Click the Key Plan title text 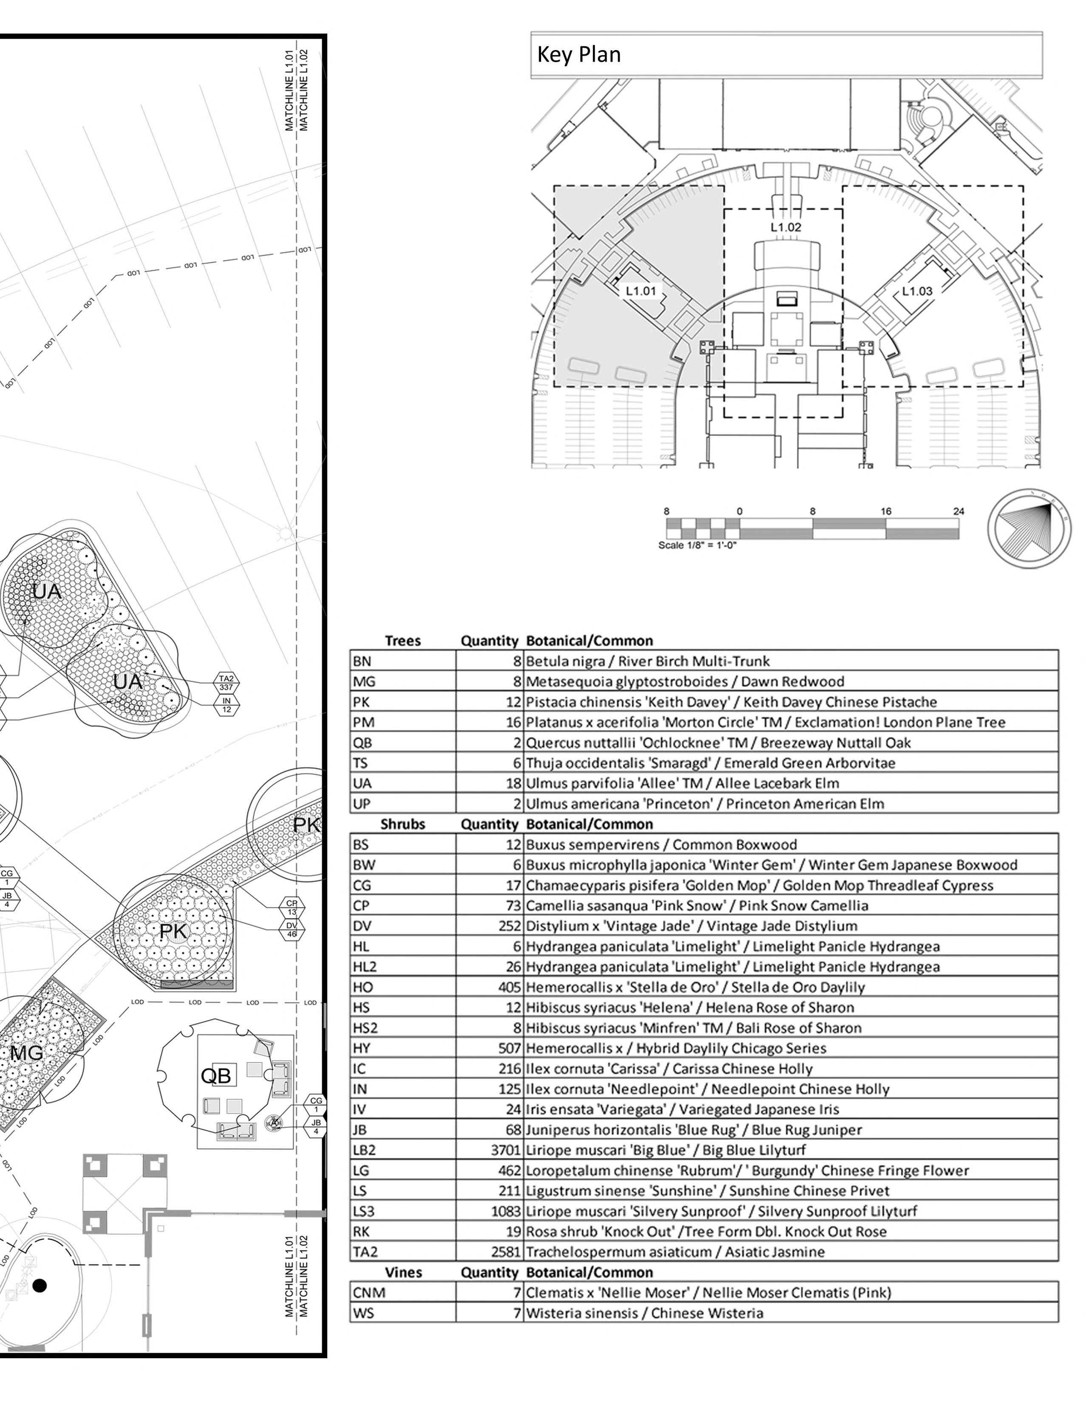pos(578,54)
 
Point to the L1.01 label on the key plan pos(641,291)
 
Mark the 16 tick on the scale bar pos(886,512)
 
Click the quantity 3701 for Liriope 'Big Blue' pos(505,1150)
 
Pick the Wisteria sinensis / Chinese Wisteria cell pos(644,1313)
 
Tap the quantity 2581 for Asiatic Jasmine pos(505,1252)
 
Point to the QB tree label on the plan pos(216,1075)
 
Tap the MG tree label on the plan pos(27,1053)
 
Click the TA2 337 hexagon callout pos(226,682)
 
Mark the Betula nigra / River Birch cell pos(647,661)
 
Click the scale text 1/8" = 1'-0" pos(697,546)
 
